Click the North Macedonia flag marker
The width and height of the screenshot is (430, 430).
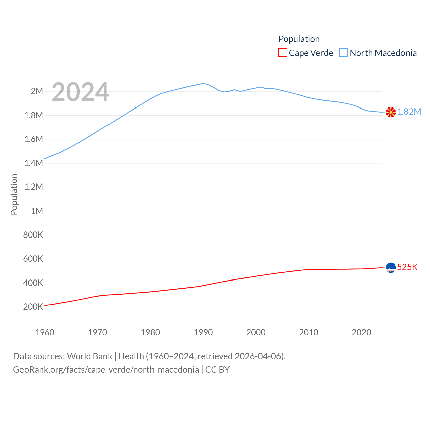click(391, 112)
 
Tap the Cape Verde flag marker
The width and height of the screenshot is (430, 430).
click(391, 268)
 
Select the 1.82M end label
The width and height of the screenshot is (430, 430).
click(409, 112)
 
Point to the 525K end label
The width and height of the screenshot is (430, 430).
click(407, 267)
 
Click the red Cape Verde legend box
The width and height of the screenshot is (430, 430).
click(283, 53)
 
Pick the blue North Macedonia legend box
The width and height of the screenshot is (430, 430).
click(344, 53)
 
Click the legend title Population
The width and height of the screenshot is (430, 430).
click(299, 39)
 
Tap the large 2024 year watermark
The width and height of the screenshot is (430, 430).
click(80, 92)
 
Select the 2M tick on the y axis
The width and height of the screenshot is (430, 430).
click(37, 91)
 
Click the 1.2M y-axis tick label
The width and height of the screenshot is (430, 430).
click(34, 187)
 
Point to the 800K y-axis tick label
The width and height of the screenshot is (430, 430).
click(33, 235)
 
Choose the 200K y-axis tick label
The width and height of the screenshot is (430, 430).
click(33, 307)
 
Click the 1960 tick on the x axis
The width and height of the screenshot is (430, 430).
click(45, 333)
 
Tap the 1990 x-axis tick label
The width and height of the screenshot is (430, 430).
click(203, 333)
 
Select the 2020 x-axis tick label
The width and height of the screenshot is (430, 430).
click(361, 333)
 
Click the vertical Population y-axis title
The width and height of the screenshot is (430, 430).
click(14, 194)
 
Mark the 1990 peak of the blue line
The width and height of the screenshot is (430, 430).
click(203, 83)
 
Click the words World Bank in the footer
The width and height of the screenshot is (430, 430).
click(89, 356)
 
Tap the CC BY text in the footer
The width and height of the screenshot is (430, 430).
click(217, 370)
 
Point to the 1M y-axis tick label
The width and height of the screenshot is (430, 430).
click(37, 211)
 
